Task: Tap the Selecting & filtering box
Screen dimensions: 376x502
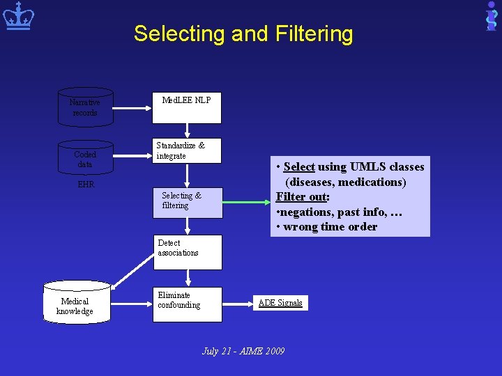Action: click(187, 202)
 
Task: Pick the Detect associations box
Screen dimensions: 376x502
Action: click(187, 251)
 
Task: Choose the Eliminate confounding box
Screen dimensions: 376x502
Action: click(187, 304)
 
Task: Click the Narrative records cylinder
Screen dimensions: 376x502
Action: click(85, 107)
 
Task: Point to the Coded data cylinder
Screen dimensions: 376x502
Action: click(85, 158)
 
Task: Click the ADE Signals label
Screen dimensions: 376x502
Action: click(280, 303)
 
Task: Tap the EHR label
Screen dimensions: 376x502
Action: click(85, 185)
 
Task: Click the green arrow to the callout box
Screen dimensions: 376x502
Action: click(247, 202)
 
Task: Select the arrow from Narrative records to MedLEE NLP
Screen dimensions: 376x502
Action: click(133, 107)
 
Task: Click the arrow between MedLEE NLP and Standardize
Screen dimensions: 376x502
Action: click(187, 130)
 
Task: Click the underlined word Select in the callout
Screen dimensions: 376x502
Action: click(299, 167)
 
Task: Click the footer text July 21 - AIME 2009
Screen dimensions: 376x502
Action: click(243, 351)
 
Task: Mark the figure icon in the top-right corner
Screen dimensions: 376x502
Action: click(492, 15)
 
